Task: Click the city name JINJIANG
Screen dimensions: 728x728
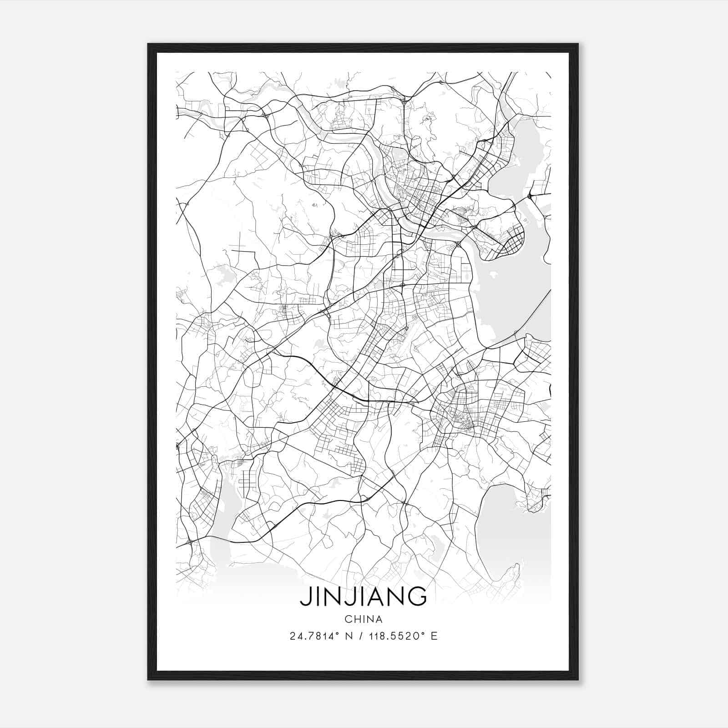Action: tap(363, 596)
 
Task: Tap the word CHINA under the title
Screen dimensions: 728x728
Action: tap(363, 619)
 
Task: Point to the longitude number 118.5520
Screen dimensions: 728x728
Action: tap(393, 636)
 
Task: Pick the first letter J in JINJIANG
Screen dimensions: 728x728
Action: tap(304, 597)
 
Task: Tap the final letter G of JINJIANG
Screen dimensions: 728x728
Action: tap(417, 596)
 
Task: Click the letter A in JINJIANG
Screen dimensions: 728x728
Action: tap(375, 596)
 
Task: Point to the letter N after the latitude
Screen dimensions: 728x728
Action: tap(349, 636)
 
